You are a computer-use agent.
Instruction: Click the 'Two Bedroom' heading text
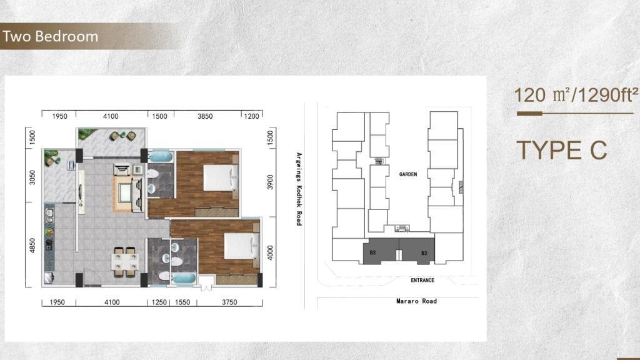click(x=50, y=36)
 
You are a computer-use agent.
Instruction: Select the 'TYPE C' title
click(x=562, y=150)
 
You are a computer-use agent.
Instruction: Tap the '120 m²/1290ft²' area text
click(x=576, y=95)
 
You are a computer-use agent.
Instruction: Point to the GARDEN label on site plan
click(x=408, y=174)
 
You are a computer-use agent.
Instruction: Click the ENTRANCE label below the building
click(x=422, y=281)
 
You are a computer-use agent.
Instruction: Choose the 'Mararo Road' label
click(x=416, y=301)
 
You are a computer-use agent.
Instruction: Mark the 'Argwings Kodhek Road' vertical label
click(x=299, y=189)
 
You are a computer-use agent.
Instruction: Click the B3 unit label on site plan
click(x=372, y=252)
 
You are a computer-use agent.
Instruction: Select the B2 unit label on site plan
click(x=424, y=254)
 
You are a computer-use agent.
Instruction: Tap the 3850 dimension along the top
click(x=205, y=116)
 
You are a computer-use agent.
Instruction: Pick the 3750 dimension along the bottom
click(x=229, y=302)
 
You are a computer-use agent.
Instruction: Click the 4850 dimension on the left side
click(x=32, y=246)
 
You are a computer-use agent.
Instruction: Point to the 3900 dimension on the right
click(x=270, y=182)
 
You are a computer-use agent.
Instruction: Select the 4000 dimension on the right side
click(x=270, y=252)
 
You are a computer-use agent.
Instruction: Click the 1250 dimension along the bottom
click(x=159, y=302)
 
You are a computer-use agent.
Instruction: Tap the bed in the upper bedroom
click(x=221, y=178)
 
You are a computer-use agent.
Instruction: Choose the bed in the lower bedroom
click(x=242, y=246)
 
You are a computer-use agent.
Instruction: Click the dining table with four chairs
click(x=124, y=262)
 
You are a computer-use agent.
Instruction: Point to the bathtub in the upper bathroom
click(x=161, y=157)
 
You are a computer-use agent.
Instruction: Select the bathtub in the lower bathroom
click(x=184, y=278)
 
